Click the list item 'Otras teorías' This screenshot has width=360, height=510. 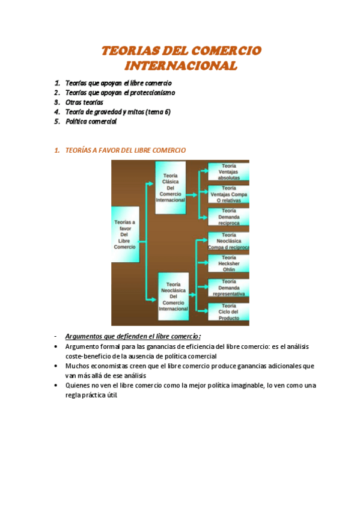click(x=84, y=102)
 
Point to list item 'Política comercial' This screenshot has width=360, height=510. click(x=91, y=121)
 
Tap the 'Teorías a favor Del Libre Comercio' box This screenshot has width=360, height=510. click(x=125, y=235)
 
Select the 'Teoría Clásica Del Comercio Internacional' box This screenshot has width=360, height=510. click(x=170, y=188)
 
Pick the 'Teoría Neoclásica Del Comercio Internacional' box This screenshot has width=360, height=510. click(x=173, y=296)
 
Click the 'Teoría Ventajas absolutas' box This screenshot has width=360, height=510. click(x=228, y=172)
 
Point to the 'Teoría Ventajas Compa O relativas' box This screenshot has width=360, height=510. click(x=228, y=195)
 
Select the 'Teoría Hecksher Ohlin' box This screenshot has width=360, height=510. click(x=228, y=265)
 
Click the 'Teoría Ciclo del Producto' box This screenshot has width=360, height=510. click(x=228, y=312)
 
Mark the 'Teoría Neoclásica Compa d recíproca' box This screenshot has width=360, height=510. click(x=228, y=241)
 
